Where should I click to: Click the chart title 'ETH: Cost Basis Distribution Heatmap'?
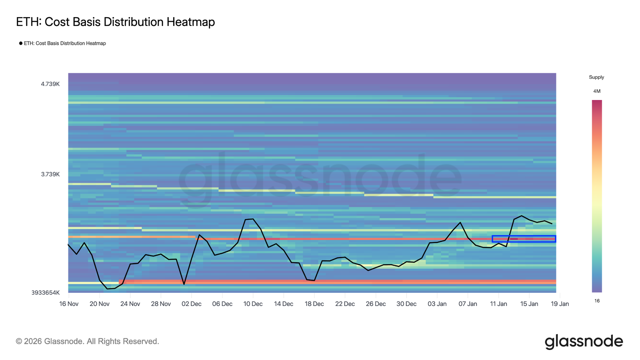[115, 22]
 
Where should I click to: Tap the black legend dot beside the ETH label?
[21, 43]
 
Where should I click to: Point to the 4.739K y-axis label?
[50, 84]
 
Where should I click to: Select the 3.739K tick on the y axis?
[50, 174]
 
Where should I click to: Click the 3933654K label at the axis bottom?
[46, 293]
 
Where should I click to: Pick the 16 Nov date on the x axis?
[69, 304]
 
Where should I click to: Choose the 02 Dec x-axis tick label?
[192, 304]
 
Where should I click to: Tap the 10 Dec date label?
[253, 304]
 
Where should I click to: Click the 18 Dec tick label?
[314, 304]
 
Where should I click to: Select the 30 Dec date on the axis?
[406, 304]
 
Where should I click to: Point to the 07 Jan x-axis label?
[468, 304]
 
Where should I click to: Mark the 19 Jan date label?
[560, 304]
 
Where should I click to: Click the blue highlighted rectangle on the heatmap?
[524, 239]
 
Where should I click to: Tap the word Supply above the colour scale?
[596, 77]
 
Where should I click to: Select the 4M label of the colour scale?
[597, 91]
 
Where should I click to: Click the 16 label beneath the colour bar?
[597, 301]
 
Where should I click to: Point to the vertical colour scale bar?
[597, 196]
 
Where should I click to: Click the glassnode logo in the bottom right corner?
[584, 342]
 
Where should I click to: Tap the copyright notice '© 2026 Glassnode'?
[87, 342]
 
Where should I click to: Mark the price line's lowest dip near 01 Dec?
[184, 284]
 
